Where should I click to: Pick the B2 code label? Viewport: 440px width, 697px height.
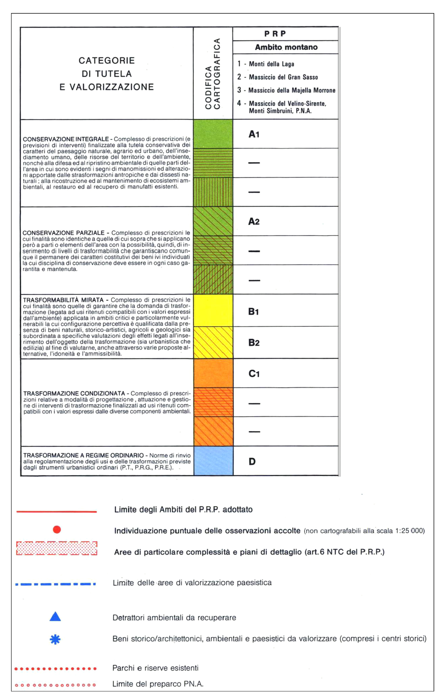(254, 343)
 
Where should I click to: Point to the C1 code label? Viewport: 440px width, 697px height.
(254, 374)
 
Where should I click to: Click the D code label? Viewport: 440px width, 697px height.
(252, 461)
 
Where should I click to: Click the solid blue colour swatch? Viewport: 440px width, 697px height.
(213, 461)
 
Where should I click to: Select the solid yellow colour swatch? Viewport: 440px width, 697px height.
(213, 310)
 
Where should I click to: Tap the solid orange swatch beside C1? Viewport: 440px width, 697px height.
(213, 373)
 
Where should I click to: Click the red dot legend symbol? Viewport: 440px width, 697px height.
(57, 529)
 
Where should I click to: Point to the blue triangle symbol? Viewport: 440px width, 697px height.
(55, 617)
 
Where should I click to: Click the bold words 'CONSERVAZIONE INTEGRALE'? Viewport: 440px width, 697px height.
(66, 139)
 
